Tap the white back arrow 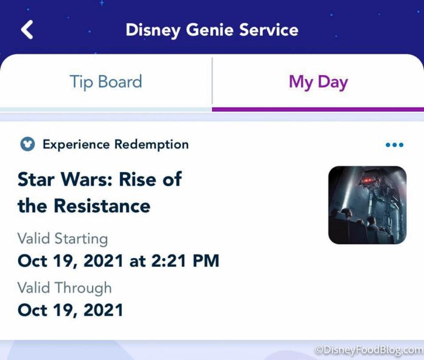(x=27, y=30)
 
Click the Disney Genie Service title (x=212, y=30)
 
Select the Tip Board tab (x=106, y=82)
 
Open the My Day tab (x=318, y=82)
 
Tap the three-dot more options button (x=394, y=145)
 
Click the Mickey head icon (x=27, y=144)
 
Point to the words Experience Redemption (x=116, y=144)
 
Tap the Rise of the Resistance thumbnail (x=367, y=205)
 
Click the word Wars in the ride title (x=87, y=179)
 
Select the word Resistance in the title (x=102, y=205)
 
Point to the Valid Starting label (x=63, y=239)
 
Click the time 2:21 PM (x=185, y=261)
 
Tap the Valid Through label (x=65, y=287)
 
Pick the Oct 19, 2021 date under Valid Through (x=70, y=310)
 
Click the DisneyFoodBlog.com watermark (x=369, y=350)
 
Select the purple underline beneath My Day (x=318, y=109)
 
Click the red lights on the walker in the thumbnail (x=367, y=181)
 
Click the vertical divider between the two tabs (x=212, y=81)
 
